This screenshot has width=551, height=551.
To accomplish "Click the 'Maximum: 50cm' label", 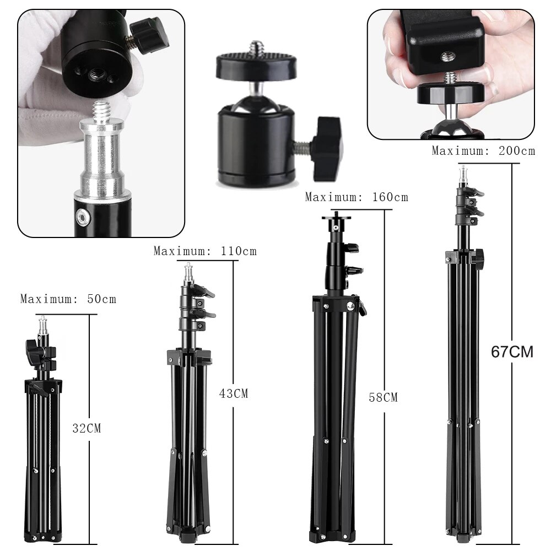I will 68,299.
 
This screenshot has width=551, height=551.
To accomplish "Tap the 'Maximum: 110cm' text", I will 205,251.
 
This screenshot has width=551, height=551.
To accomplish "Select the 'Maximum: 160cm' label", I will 356,197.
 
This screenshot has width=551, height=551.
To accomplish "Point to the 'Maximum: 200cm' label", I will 483,150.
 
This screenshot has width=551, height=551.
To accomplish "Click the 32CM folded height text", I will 87,428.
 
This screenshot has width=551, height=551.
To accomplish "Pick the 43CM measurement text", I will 234,393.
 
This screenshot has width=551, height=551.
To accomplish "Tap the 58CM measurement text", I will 383,397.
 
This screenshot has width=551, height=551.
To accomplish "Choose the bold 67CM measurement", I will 512,352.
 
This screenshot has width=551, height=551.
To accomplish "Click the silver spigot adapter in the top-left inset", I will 102,154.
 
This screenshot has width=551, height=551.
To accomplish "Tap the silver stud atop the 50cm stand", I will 42,325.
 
